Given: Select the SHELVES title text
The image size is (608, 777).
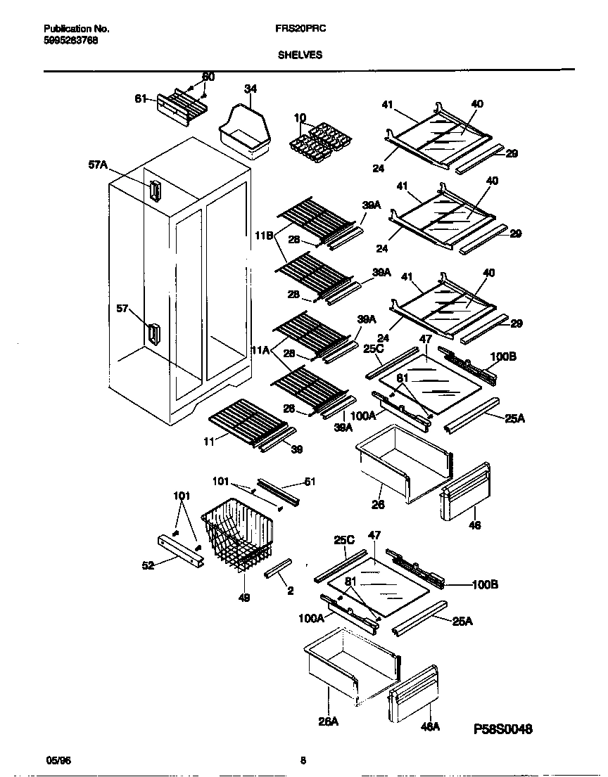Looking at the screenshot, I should point(299,55).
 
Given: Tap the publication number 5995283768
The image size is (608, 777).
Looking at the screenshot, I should point(70,40).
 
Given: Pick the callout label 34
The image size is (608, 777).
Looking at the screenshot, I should point(250,89).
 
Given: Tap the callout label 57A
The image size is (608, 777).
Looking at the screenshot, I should point(99,166).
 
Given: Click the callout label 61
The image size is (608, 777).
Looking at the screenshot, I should point(141,99).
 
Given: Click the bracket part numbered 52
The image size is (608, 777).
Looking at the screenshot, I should point(181,549).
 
